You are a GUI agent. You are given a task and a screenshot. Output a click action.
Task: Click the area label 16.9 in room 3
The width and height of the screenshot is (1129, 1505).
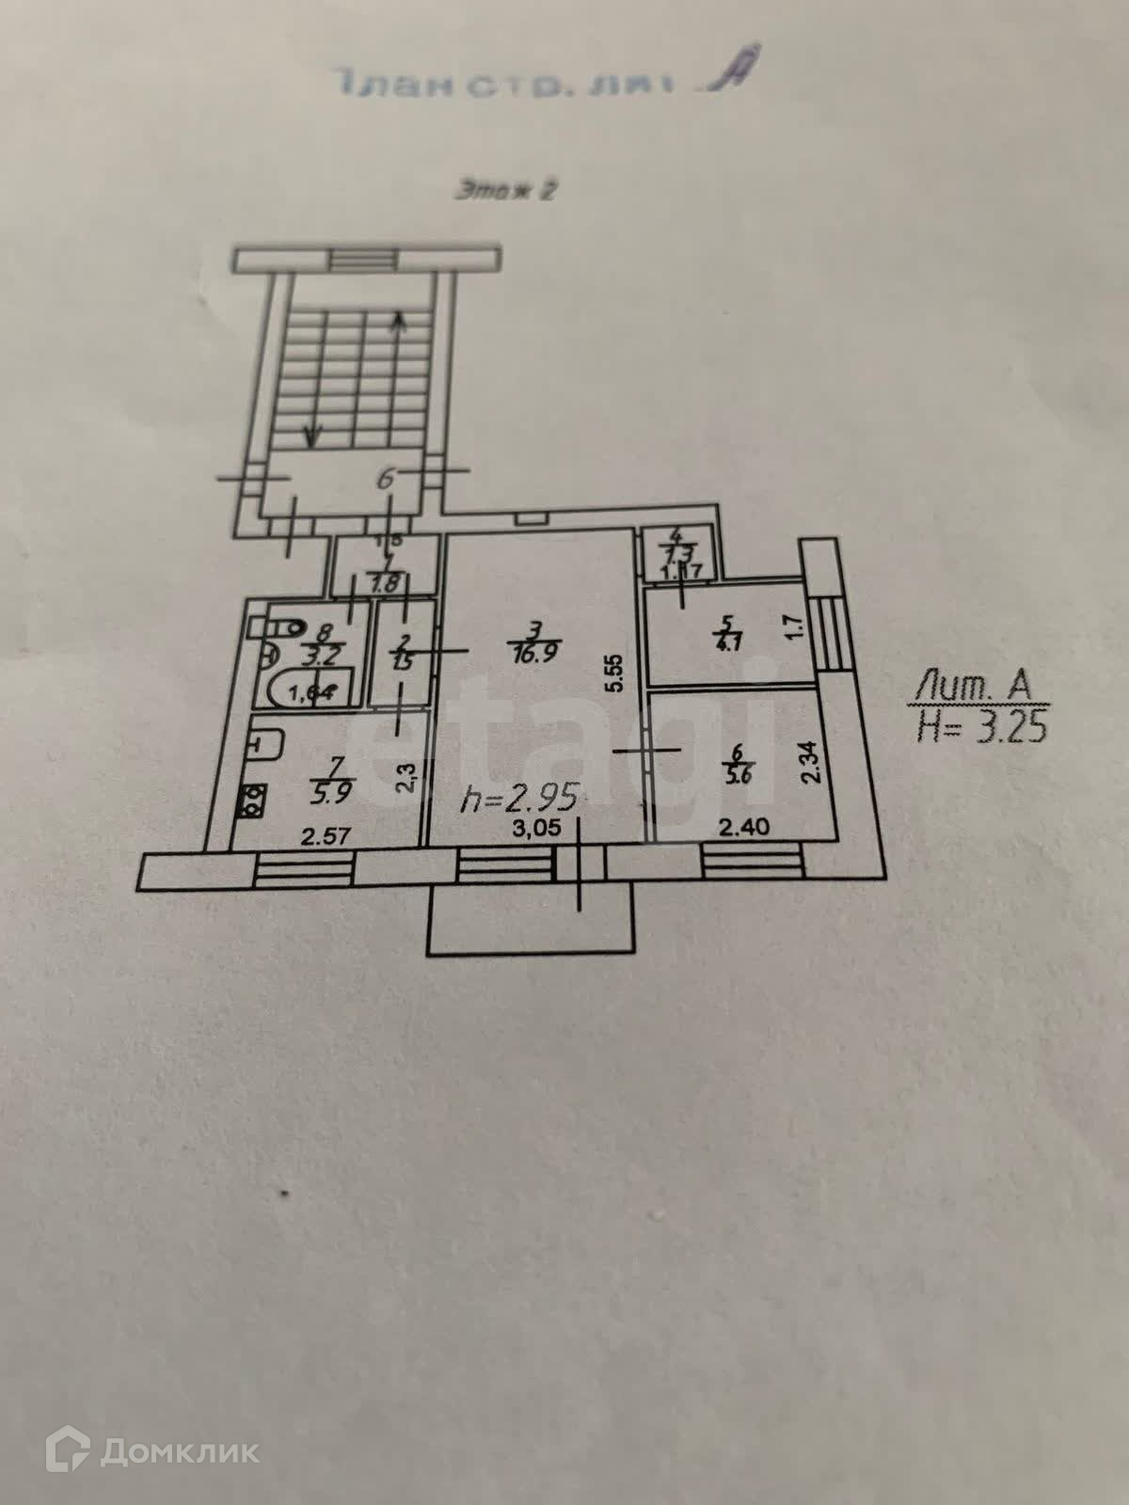(535, 653)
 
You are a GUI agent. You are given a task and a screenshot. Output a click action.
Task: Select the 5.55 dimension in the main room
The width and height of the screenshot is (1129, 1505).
(616, 673)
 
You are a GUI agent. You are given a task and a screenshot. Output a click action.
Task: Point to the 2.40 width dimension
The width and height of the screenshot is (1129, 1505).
(744, 827)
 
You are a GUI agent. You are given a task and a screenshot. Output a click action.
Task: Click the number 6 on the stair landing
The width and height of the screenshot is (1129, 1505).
(385, 479)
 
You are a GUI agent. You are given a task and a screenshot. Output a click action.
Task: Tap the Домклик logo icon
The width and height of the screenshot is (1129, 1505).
(70, 1451)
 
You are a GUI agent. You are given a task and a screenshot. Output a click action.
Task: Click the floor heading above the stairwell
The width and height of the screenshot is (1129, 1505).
(506, 190)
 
